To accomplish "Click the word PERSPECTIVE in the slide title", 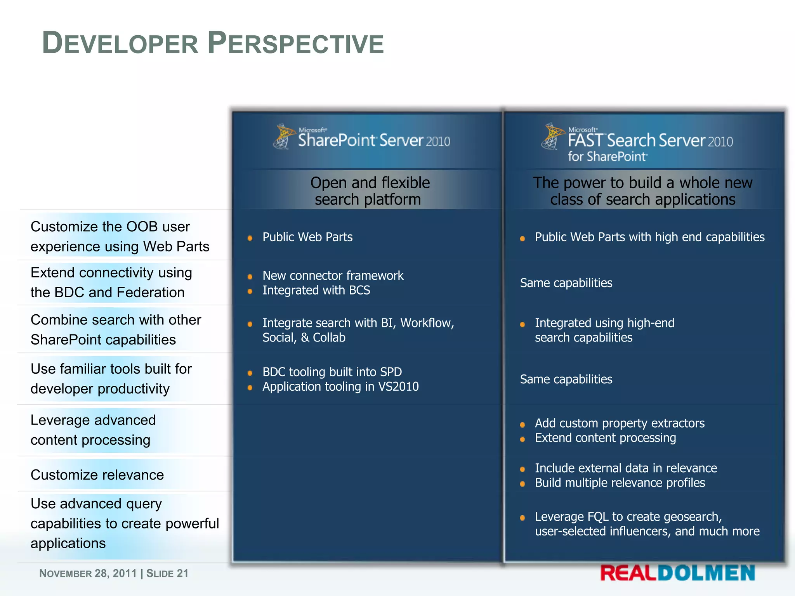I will (x=296, y=43).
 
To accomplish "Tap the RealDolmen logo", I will (x=677, y=573).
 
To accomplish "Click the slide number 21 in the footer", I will (x=182, y=573).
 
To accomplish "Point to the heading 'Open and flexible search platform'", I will (x=370, y=191).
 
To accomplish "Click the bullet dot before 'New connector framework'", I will (x=250, y=277).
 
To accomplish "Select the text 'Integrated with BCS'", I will (x=316, y=290).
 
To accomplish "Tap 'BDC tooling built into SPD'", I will (x=332, y=372).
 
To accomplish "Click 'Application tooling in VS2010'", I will (x=340, y=386).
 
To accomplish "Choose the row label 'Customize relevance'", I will (x=97, y=475).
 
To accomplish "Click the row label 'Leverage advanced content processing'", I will (x=93, y=430).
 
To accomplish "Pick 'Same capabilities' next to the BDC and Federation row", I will (x=566, y=283).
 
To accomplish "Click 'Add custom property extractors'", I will (x=620, y=423).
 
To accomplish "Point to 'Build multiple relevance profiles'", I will (x=620, y=483).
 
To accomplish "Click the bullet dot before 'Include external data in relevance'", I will (x=522, y=469).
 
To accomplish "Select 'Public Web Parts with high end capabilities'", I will (x=649, y=237).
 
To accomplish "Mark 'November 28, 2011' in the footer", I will (x=88, y=573).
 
